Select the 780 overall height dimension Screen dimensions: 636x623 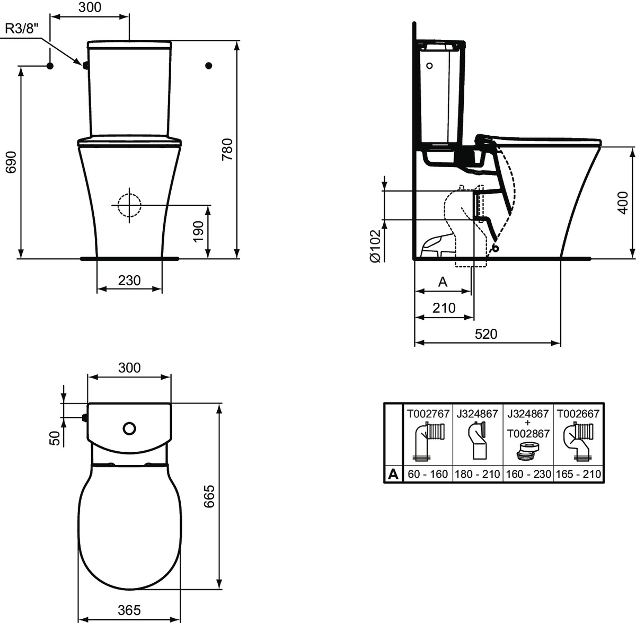227,150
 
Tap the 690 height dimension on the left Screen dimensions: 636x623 11,162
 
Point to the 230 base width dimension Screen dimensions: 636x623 129,280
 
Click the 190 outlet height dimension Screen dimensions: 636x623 198,232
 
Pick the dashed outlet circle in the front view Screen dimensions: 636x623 129,205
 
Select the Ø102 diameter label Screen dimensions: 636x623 375,246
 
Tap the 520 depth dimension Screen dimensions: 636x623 486,334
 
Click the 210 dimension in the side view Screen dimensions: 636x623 444,308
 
